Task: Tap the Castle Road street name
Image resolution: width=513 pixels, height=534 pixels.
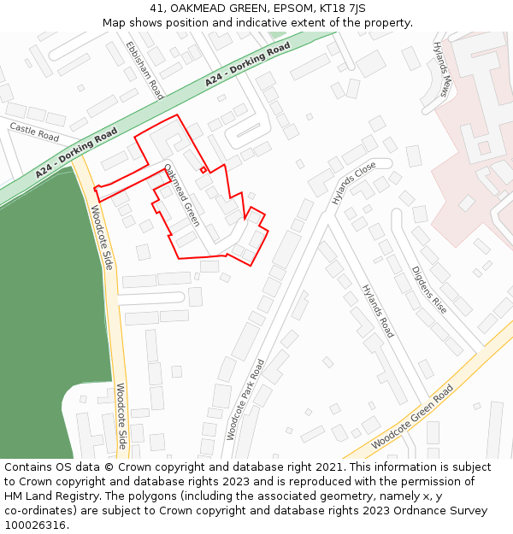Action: (x=34, y=132)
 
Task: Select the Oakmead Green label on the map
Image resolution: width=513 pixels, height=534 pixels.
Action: (x=181, y=195)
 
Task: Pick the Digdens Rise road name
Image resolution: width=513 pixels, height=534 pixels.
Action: (x=429, y=289)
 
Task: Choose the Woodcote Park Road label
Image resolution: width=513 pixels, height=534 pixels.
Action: (x=246, y=399)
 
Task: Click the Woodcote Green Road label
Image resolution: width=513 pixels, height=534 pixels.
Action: (x=412, y=417)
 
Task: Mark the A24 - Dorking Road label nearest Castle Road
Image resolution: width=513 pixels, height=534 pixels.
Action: (x=76, y=153)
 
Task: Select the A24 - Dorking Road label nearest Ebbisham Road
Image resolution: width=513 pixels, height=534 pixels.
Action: (x=248, y=65)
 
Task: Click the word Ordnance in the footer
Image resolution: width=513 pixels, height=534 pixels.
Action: (x=419, y=511)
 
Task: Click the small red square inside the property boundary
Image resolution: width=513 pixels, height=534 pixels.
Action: (x=203, y=169)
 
